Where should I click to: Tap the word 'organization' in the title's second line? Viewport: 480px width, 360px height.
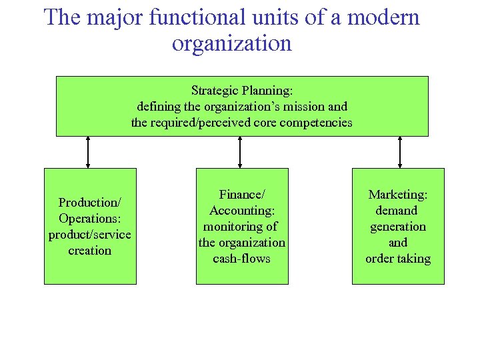[x=232, y=43]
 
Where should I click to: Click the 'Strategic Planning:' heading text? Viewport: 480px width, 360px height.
[x=242, y=90]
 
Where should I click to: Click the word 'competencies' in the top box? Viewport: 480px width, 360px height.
[x=316, y=123]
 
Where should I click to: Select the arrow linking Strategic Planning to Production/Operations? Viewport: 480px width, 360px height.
[x=88, y=152]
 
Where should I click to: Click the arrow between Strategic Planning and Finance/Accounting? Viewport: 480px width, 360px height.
[x=240, y=152]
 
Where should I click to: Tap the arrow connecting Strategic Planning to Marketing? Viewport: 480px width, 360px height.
[x=399, y=152]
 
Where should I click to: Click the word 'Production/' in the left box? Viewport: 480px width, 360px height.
[x=90, y=202]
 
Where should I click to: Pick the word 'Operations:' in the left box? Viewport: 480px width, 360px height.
[x=90, y=218]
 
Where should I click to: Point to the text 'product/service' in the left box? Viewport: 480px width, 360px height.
[x=90, y=235]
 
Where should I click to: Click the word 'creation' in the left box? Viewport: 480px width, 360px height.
[x=90, y=251]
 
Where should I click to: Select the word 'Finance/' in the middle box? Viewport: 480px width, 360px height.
[x=242, y=194]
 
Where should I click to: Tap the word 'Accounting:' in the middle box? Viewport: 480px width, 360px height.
[x=242, y=210]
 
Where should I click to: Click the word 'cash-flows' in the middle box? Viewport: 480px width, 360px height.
[x=242, y=259]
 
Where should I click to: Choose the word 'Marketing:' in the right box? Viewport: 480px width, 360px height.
[x=398, y=194]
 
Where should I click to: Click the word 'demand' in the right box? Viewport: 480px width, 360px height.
[x=398, y=210]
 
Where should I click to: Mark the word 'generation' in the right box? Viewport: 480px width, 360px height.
[x=398, y=227]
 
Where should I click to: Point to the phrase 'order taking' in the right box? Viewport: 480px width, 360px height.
[x=398, y=259]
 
